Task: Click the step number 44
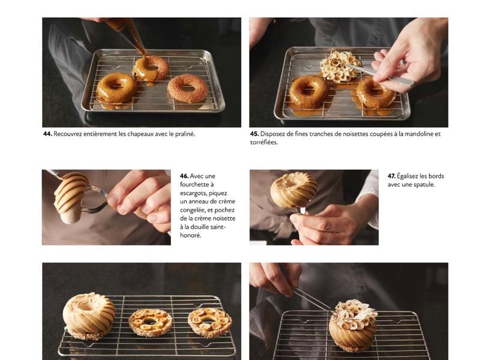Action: click(48, 134)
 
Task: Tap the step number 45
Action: click(254, 134)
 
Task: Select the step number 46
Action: click(184, 176)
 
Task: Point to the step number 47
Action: click(392, 176)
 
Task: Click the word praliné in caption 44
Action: click(185, 134)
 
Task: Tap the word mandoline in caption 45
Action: click(416, 134)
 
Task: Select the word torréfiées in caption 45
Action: click(264, 142)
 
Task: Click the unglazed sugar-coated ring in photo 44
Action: click(187, 88)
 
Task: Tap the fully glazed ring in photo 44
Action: click(116, 88)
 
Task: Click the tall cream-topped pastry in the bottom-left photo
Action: click(89, 316)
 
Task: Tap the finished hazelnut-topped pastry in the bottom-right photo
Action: click(353, 325)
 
